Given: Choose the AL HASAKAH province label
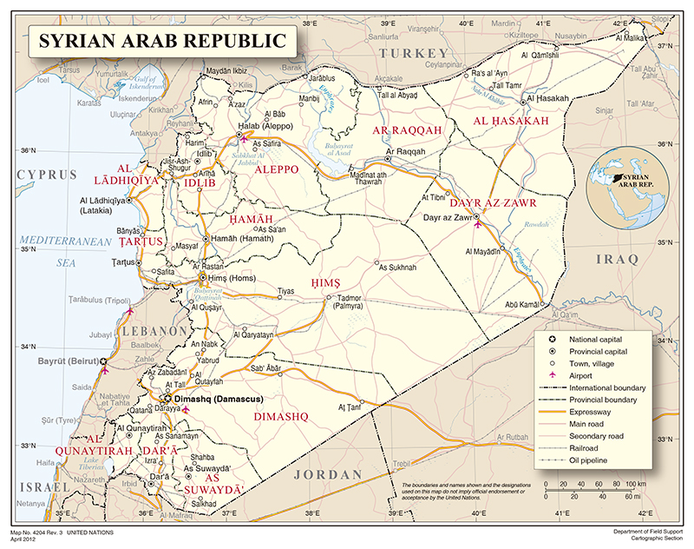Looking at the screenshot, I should pos(510,121).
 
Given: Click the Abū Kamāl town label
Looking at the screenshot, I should pos(523,304).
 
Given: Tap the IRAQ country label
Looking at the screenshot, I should pos(616,259).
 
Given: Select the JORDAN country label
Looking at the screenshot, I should pos(325,474).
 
